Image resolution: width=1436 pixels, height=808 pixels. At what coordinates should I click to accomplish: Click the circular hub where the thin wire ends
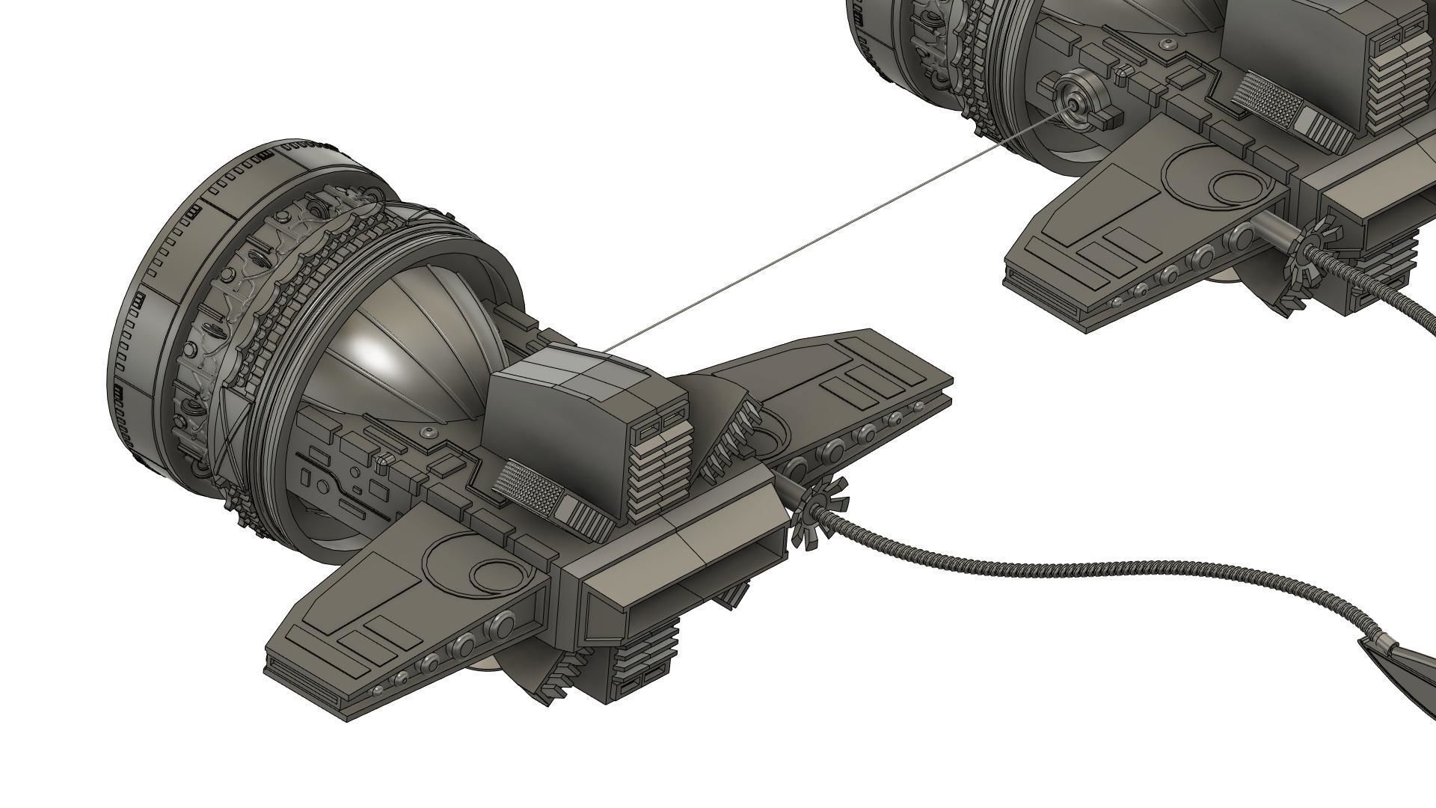click(1075, 105)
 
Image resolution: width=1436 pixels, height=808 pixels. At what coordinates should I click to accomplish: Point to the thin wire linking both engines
click(823, 239)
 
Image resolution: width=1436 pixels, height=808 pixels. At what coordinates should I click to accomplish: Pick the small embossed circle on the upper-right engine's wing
click(1234, 187)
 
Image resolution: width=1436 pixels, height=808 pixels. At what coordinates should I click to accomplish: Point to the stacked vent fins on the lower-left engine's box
click(658, 464)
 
